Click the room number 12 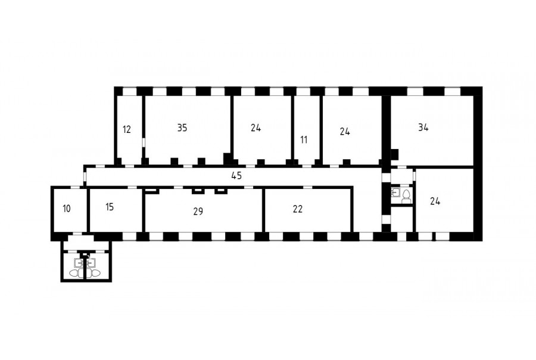click(127, 130)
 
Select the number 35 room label click(182, 128)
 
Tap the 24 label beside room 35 click(255, 128)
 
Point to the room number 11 click(304, 140)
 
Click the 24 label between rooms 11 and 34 click(345, 132)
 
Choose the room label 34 click(423, 128)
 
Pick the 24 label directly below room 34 click(435, 201)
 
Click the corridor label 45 click(236, 176)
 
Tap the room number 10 click(67, 209)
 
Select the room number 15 click(110, 207)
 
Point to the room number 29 click(198, 212)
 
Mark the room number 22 click(298, 209)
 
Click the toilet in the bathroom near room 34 click(406, 197)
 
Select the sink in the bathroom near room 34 click(395, 193)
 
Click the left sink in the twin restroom click(79, 263)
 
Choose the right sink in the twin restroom click(91, 263)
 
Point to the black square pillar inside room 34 click(394, 154)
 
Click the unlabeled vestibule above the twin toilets click(80, 243)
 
